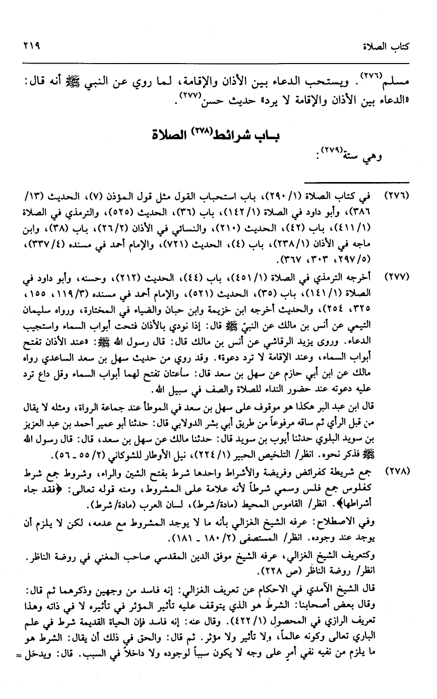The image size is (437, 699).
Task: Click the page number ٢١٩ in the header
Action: tap(30, 45)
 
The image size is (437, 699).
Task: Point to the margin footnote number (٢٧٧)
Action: tap(397, 278)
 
